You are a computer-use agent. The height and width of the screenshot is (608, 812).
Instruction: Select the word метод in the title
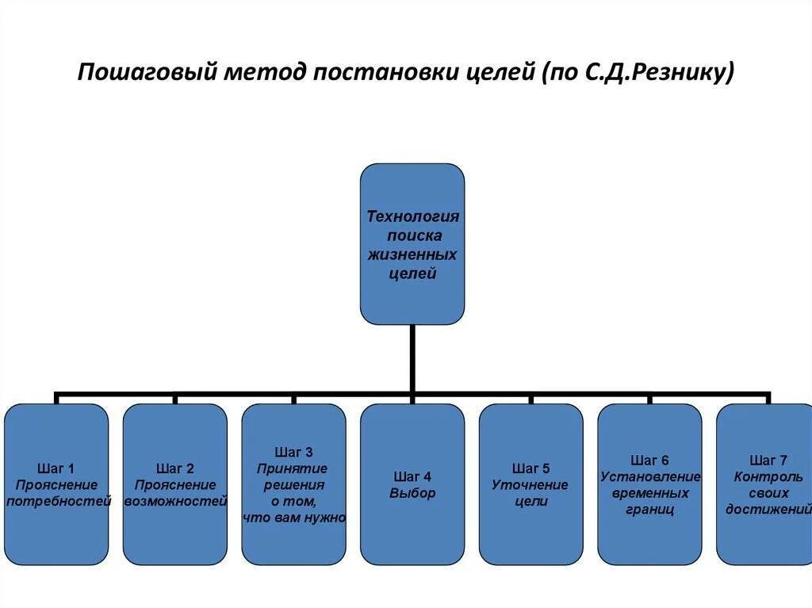[x=262, y=73]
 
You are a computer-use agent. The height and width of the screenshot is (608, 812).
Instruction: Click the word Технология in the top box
[x=412, y=216]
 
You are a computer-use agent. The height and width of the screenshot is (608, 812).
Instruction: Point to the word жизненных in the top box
[x=412, y=255]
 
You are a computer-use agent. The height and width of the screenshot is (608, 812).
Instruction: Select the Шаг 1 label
[x=56, y=468]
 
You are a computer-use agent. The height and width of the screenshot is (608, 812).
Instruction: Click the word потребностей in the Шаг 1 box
[x=57, y=501]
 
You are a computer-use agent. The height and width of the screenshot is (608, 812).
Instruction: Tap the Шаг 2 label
[x=174, y=468]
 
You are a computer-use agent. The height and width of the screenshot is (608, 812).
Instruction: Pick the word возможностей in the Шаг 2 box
[x=175, y=501]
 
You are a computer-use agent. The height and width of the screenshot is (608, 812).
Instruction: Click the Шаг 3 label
[x=293, y=452]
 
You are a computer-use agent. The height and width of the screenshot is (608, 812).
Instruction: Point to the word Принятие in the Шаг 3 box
[x=293, y=468]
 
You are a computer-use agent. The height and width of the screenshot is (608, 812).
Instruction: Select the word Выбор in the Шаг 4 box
[x=412, y=493]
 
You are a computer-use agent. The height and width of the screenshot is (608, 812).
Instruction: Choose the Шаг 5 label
[x=530, y=468]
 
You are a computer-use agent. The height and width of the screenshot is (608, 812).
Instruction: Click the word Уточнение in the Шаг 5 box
[x=530, y=484]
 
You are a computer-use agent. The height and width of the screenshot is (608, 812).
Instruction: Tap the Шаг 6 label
[x=649, y=460]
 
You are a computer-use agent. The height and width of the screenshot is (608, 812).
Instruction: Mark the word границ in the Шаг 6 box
[x=649, y=510]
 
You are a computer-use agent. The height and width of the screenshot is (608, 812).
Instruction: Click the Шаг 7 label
[x=768, y=460]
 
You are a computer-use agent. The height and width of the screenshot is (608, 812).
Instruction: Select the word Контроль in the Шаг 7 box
[x=768, y=476]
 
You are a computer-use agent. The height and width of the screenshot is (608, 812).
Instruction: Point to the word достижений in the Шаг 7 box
[x=768, y=510]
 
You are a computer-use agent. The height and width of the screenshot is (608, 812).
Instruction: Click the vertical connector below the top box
[x=412, y=357]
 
